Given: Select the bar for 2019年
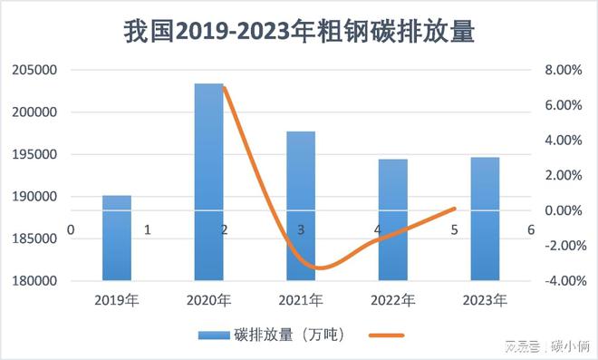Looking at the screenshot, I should coord(117,238).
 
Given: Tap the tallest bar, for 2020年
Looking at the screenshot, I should coord(208,181).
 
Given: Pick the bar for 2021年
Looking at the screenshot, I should coord(301,206).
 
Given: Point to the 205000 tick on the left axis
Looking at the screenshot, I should coord(33,71).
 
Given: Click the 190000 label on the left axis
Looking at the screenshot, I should coord(33,197).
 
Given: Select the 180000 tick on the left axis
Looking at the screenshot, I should coord(33,281).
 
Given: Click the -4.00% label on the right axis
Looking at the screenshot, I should coord(559,281).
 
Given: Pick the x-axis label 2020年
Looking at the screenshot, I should coord(208,299).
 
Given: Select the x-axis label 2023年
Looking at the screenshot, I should coord(485,299).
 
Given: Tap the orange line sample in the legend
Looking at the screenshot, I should coord(387,334).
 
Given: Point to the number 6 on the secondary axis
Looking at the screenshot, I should coord(530,230).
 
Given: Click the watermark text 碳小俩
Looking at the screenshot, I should coord(570,346).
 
